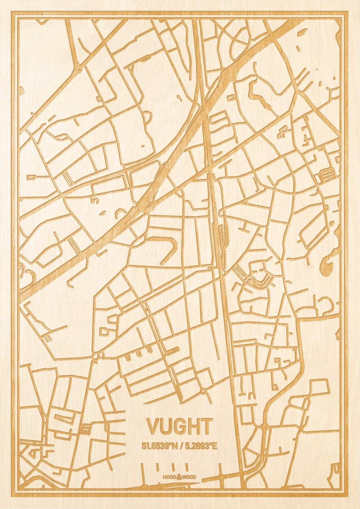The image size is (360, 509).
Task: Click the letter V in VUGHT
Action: [x=153, y=427]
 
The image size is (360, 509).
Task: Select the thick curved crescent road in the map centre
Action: [x=170, y=250]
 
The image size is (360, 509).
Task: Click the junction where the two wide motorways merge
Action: [x=146, y=206]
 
